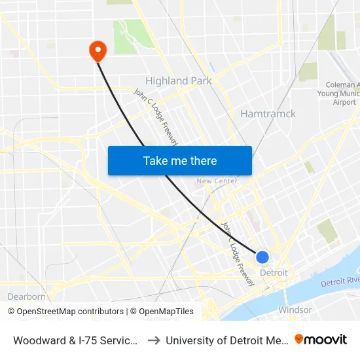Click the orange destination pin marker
(98, 50)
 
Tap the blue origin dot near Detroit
(262, 257)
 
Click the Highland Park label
(178, 81)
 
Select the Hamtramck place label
(268, 114)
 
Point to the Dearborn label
(27, 297)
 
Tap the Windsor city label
(295, 310)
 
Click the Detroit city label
(274, 272)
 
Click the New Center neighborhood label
(217, 181)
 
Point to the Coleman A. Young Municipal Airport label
(343, 93)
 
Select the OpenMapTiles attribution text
(162, 312)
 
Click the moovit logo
(321, 339)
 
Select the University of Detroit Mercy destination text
(226, 340)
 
